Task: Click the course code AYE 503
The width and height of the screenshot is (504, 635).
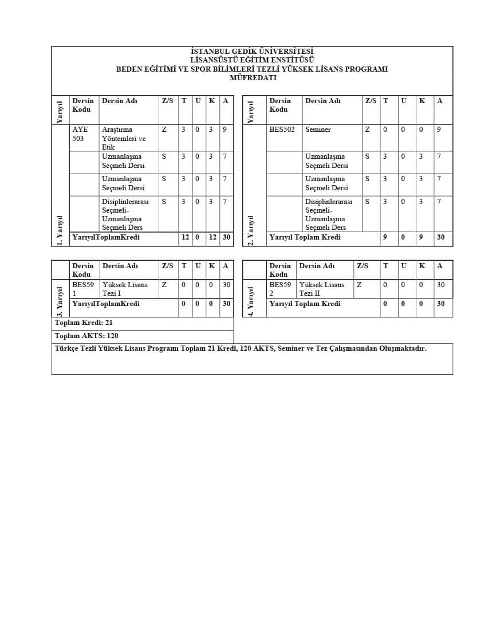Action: (80, 134)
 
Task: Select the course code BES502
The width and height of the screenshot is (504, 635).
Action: (282, 130)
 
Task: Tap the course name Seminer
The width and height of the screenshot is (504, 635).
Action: (318, 130)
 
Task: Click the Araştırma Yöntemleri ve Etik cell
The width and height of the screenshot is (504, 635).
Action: (124, 138)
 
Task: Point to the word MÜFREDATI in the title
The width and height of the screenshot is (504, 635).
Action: (253, 78)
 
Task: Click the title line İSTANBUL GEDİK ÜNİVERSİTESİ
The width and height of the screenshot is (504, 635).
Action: (252, 52)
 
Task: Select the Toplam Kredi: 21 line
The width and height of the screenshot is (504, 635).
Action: (84, 323)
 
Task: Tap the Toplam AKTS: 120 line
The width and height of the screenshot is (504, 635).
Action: (86, 336)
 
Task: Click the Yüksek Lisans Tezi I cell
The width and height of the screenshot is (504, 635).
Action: (125, 289)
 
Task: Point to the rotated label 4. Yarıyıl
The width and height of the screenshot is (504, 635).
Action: (251, 301)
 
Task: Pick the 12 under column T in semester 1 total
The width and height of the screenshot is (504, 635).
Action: (185, 237)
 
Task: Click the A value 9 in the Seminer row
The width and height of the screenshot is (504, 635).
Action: (439, 130)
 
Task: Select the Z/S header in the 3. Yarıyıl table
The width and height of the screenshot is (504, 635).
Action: (167, 266)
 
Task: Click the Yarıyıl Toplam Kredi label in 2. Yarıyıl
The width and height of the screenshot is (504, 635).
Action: (305, 237)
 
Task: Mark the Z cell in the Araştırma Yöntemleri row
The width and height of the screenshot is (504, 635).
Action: (164, 130)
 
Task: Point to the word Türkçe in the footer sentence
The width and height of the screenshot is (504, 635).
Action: (66, 348)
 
